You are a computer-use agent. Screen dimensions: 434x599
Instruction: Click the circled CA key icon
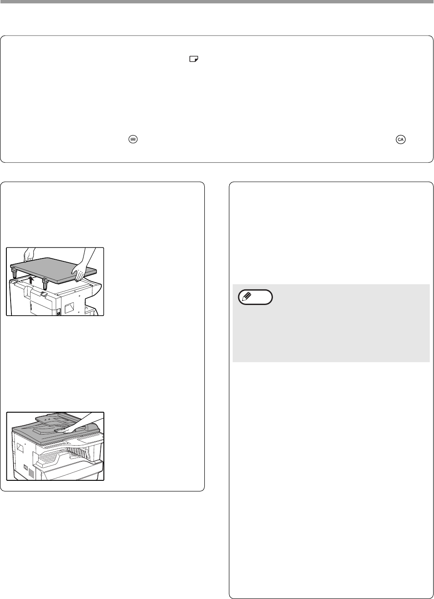(x=400, y=139)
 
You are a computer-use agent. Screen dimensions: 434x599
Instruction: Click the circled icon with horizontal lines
(x=133, y=139)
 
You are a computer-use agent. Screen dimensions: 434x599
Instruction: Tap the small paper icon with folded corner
(x=194, y=59)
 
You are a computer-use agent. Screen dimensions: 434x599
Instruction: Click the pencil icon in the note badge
(x=247, y=297)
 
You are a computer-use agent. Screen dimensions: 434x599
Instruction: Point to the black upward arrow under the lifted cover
(x=31, y=280)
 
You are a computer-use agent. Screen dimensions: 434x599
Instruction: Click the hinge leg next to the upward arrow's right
(x=45, y=284)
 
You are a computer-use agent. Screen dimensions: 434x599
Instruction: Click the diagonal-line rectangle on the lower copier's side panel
(x=20, y=448)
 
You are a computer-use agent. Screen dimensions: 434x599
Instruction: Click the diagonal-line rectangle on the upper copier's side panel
(x=69, y=308)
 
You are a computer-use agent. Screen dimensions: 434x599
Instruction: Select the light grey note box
(x=331, y=323)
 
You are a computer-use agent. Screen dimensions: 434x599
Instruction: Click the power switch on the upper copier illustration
(x=58, y=312)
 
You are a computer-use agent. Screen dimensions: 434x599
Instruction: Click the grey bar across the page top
(x=217, y=2)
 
